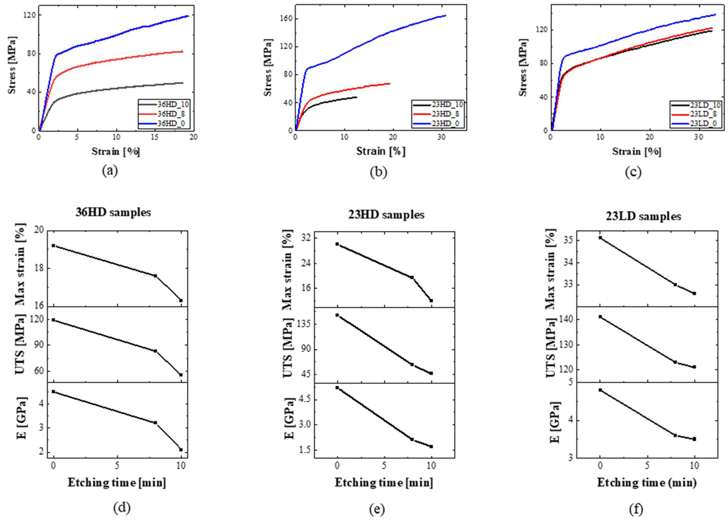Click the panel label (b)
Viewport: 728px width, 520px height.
379,172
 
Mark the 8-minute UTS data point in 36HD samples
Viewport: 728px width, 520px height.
155,351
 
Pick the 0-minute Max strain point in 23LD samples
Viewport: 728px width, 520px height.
600,238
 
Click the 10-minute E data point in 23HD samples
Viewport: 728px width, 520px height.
431,446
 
